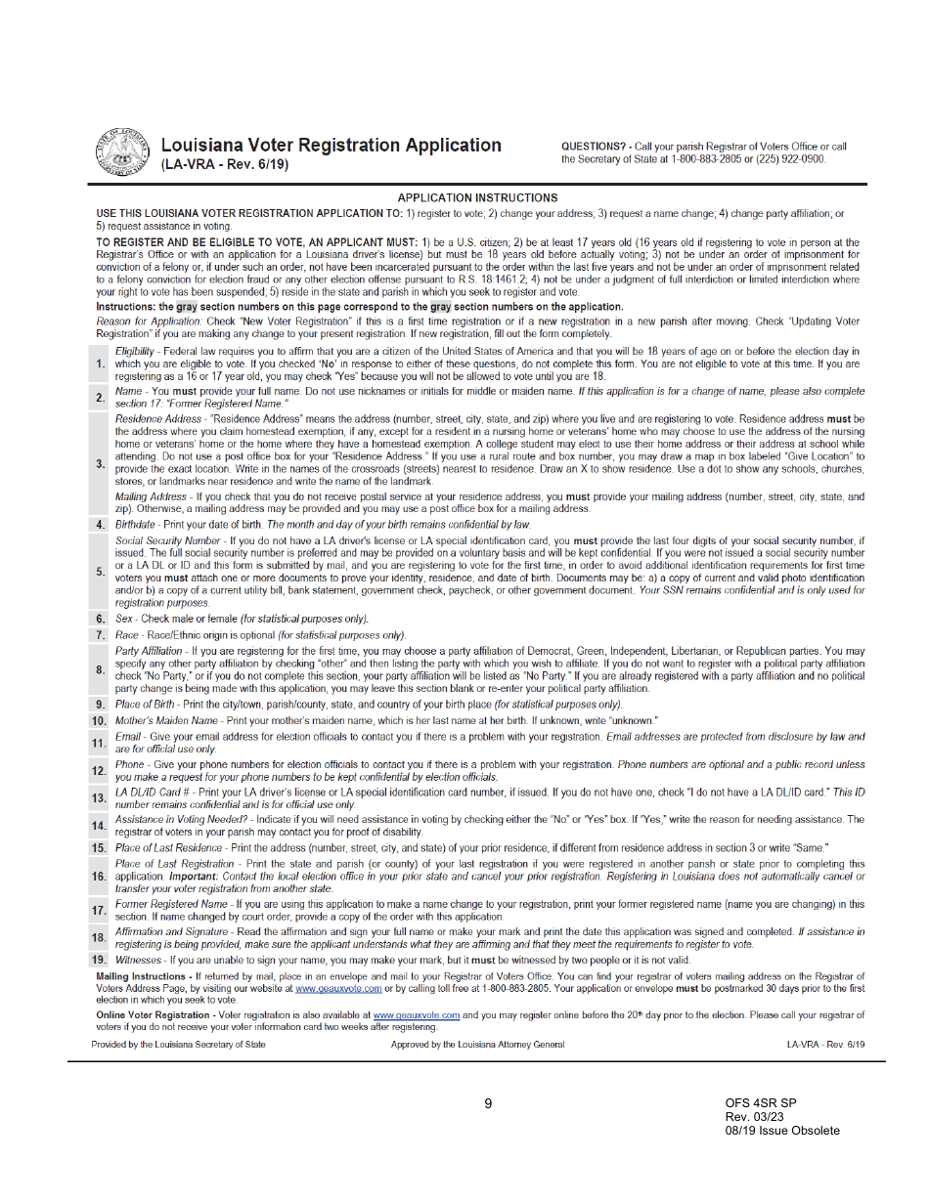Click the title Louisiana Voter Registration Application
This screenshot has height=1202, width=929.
tap(332, 146)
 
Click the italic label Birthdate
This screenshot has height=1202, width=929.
tap(139, 525)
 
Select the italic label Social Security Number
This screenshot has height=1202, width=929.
tap(167, 540)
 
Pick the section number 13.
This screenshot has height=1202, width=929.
tap(99, 798)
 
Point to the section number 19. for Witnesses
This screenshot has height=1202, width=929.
tap(99, 960)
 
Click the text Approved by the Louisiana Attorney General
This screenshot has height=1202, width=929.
tap(477, 1045)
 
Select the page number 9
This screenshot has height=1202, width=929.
tap(488, 1104)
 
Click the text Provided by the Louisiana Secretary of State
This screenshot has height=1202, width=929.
tap(178, 1045)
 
